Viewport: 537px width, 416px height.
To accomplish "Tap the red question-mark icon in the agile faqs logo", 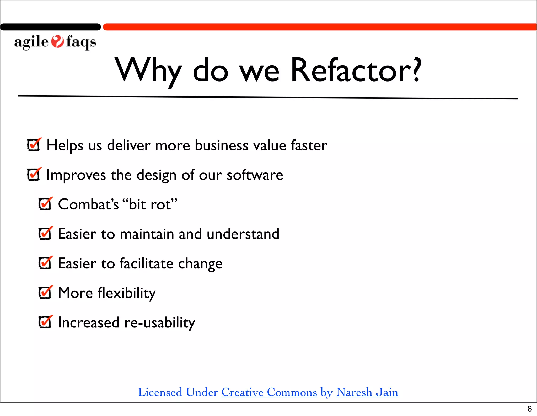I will pyautogui.click(x=57, y=42).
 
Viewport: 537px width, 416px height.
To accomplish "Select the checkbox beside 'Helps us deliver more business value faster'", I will pyautogui.click(x=34, y=145).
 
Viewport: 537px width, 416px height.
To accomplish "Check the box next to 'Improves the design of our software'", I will pyautogui.click(x=34, y=175).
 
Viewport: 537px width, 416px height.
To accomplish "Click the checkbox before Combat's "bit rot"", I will pyautogui.click(x=45, y=204).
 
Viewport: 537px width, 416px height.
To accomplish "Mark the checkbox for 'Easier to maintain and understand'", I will pyautogui.click(x=45, y=234).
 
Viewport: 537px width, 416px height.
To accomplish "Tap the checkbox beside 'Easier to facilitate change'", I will pyautogui.click(x=45, y=263).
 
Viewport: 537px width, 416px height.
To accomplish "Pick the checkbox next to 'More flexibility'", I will pyautogui.click(x=45, y=293).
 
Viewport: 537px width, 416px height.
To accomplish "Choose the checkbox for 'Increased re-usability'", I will pyautogui.click(x=45, y=322).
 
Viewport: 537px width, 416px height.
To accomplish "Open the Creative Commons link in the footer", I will pyautogui.click(x=269, y=392).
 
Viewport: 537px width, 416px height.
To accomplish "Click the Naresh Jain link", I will pyautogui.click(x=367, y=392).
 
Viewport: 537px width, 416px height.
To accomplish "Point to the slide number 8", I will pyautogui.click(x=530, y=409).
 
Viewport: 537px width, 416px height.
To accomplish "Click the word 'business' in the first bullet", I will pyautogui.click(x=221, y=145).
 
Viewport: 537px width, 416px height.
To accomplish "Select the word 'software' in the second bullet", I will pyautogui.click(x=255, y=175).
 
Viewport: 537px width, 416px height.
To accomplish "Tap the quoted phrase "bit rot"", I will pyautogui.click(x=150, y=204).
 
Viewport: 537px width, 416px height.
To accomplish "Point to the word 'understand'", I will pyautogui.click(x=243, y=234).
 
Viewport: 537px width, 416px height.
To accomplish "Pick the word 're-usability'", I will pyautogui.click(x=160, y=323).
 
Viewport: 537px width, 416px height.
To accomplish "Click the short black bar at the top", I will pyautogui.click(x=50, y=27).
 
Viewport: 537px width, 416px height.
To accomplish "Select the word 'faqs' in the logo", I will pyautogui.click(x=81, y=42).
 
